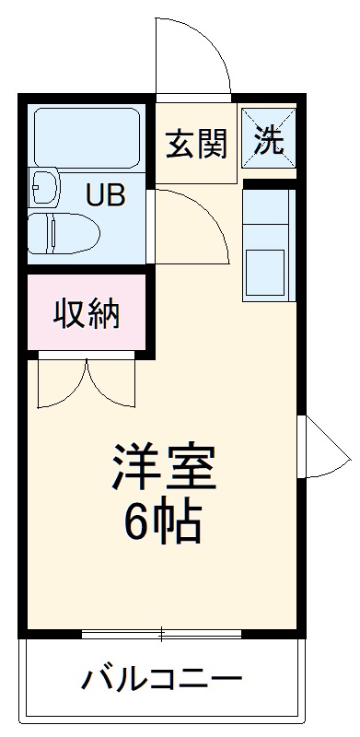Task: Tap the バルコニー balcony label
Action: click(x=163, y=681)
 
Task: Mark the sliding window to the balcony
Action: click(x=162, y=634)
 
